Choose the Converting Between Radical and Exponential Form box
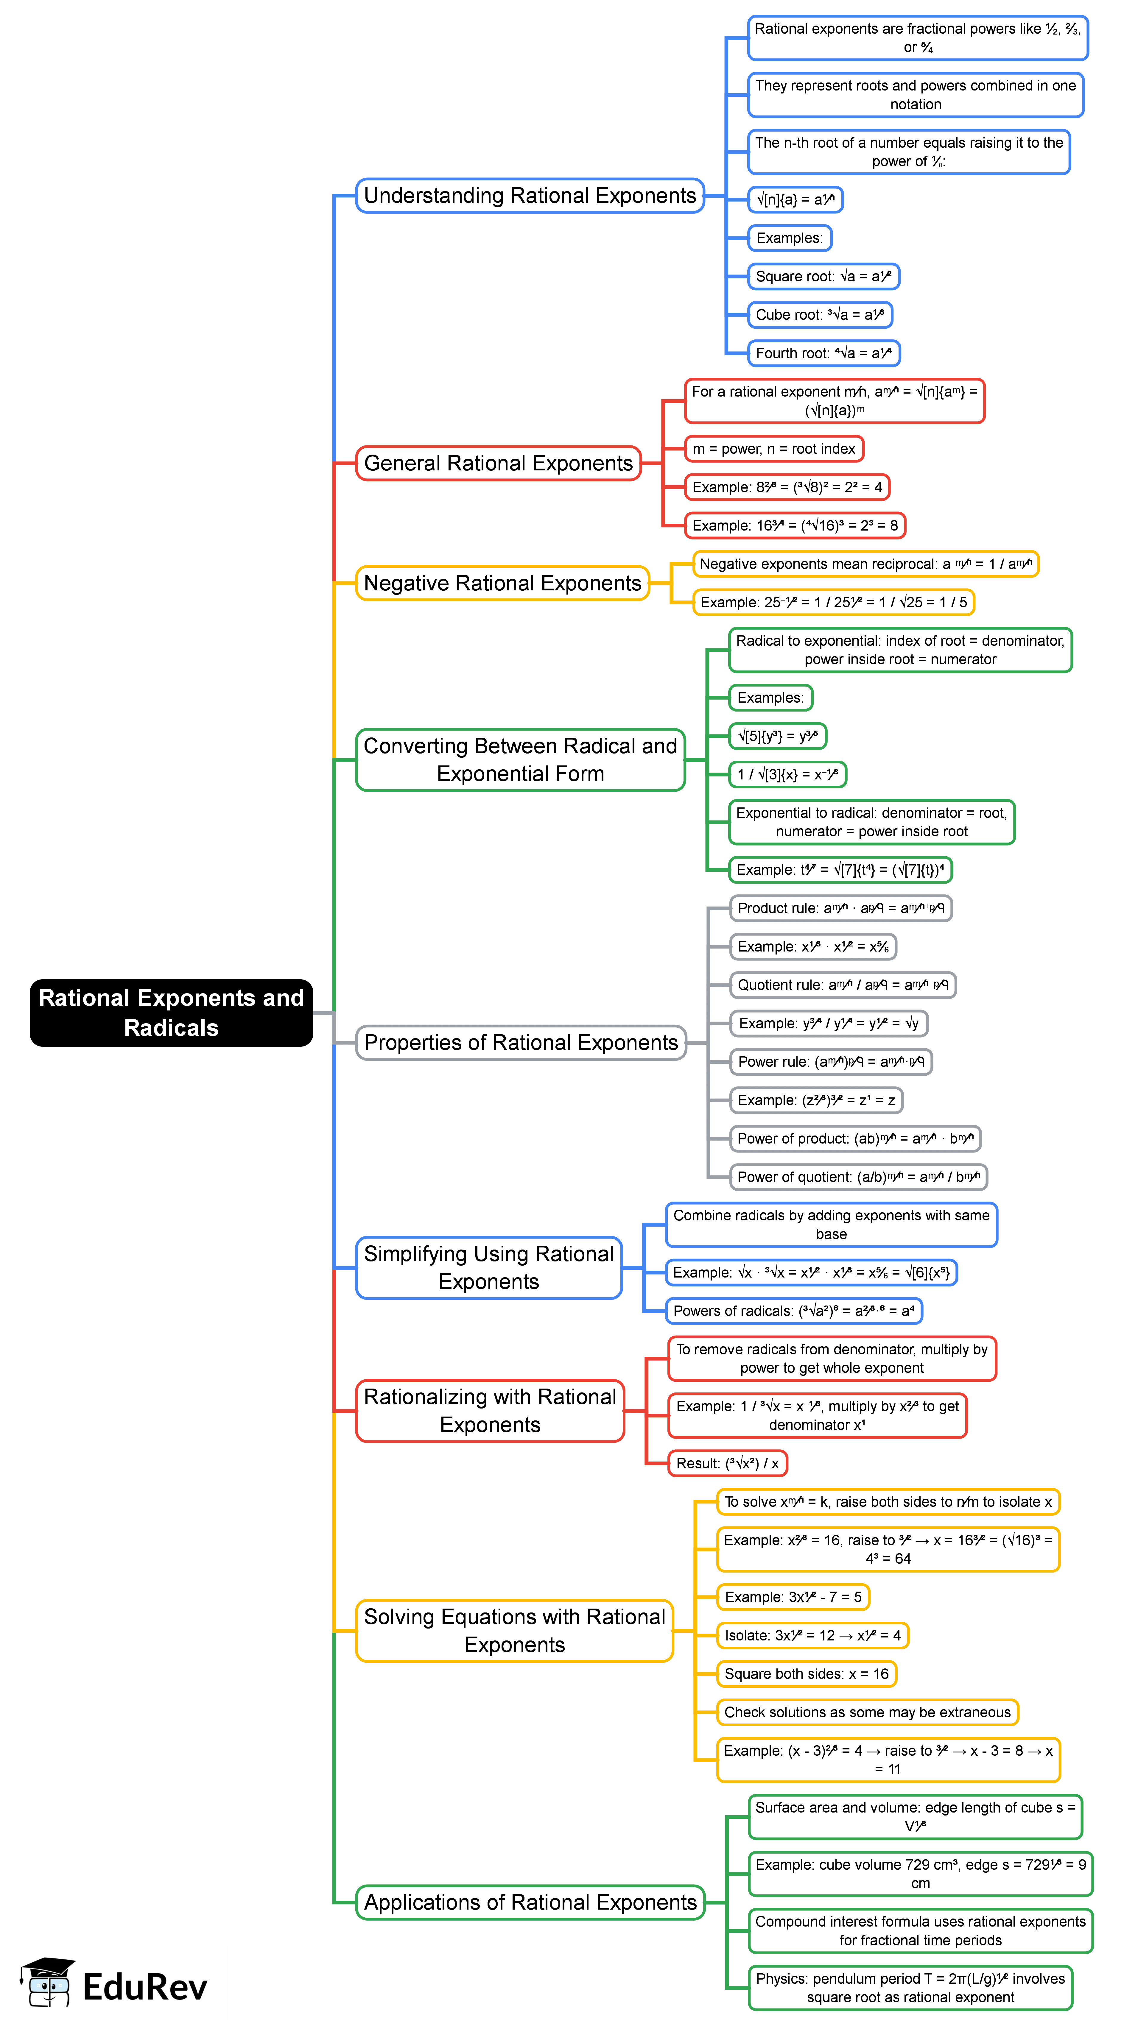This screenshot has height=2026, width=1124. pyautogui.click(x=520, y=760)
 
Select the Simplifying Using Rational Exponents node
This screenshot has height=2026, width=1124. pyautogui.click(x=488, y=1268)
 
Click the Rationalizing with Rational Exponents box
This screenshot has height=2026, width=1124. pyautogui.click(x=490, y=1411)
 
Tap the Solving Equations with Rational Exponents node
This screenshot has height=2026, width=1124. pyautogui.click(x=514, y=1631)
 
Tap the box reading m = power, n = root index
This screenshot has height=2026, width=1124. pyautogui.click(x=773, y=449)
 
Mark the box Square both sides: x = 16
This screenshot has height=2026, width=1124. pyautogui.click(x=806, y=1674)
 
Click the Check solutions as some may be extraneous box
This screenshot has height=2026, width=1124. pyautogui.click(x=867, y=1712)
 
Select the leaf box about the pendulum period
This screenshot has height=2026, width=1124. pyautogui.click(x=910, y=1988)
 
